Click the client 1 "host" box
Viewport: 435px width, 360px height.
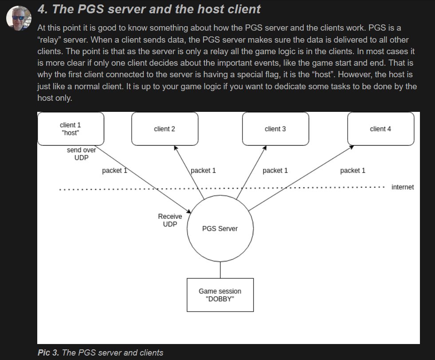click(x=71, y=129)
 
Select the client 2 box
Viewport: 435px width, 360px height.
click(x=165, y=129)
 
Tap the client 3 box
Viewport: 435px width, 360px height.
click(x=275, y=129)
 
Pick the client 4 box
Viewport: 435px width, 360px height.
click(x=380, y=129)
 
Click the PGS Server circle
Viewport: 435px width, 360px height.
click(x=220, y=229)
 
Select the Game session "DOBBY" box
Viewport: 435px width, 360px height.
click(x=220, y=295)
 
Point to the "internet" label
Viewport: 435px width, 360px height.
click(x=403, y=187)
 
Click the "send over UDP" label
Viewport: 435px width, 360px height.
click(x=81, y=154)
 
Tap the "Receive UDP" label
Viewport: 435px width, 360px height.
click(x=170, y=220)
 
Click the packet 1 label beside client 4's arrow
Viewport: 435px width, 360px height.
click(x=353, y=170)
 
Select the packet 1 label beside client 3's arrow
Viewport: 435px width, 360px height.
click(x=275, y=170)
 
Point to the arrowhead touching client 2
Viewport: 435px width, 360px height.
click(x=176, y=149)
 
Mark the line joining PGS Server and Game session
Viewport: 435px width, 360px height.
click(x=220, y=270)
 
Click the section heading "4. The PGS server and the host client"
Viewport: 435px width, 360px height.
click(x=149, y=9)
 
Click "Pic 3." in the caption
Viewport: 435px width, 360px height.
click(x=48, y=353)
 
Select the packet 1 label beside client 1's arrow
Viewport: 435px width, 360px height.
click(x=114, y=170)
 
